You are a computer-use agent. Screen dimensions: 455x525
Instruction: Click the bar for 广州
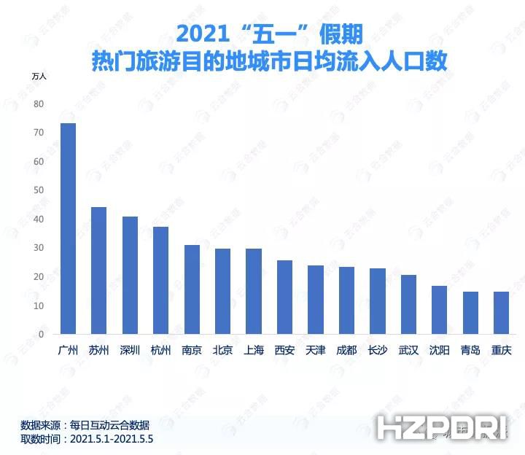[68, 229]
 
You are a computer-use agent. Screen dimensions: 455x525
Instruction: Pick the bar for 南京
[192, 290]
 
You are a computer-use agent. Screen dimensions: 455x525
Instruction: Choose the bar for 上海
[254, 292]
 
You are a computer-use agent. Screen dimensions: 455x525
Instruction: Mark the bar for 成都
[346, 301]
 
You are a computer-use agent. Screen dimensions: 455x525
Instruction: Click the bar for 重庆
[501, 314]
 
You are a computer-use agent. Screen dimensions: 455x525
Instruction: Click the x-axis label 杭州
[160, 350]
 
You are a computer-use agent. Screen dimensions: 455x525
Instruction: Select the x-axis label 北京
[222, 350]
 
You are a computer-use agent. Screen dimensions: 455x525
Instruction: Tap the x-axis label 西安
[284, 350]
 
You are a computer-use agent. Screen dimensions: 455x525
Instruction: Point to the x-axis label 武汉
[408, 350]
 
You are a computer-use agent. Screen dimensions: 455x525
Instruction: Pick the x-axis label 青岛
[470, 350]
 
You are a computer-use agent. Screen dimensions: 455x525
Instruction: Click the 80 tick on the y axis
[39, 104]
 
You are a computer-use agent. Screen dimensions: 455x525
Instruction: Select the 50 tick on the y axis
[39, 190]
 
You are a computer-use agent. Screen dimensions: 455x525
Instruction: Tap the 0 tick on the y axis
[42, 335]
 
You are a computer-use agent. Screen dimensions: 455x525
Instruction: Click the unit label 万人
[39, 76]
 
